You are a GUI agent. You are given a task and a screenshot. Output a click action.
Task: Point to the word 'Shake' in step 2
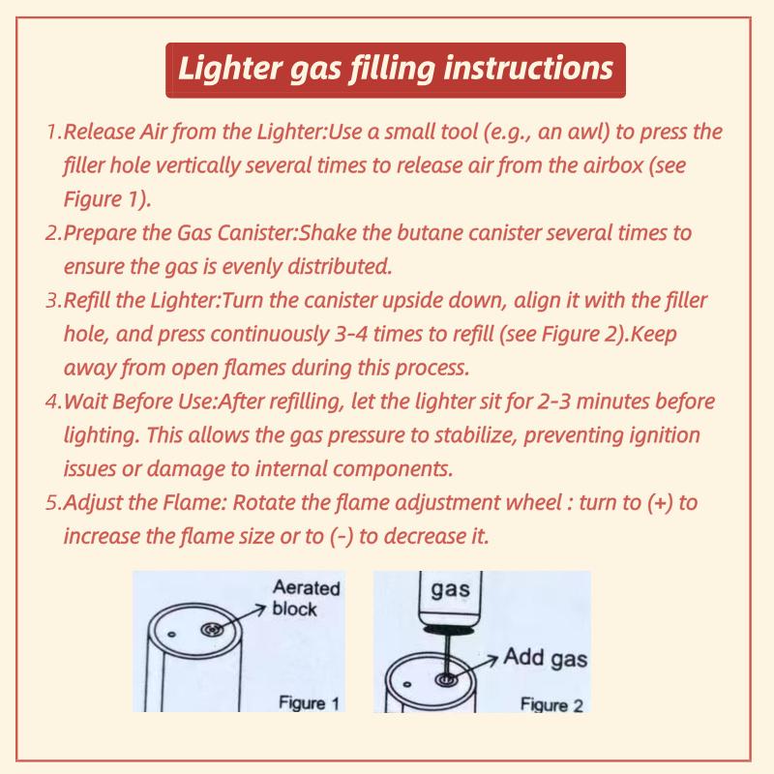coord(334,235)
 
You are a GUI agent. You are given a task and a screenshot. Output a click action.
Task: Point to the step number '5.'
coord(54,504)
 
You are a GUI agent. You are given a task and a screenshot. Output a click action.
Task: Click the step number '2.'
coord(54,235)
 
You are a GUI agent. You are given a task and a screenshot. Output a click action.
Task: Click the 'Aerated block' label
coord(300,599)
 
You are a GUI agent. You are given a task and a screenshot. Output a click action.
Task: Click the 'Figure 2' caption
coord(551,703)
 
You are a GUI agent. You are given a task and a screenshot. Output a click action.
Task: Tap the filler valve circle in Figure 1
coord(211,630)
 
